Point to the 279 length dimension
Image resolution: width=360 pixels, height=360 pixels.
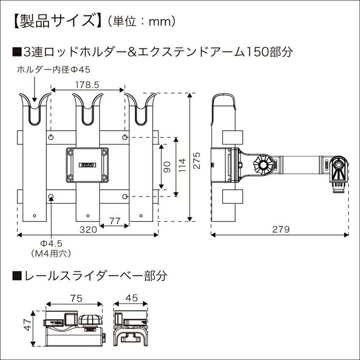tap(280, 229)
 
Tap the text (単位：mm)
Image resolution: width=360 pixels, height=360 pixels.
tap(142, 21)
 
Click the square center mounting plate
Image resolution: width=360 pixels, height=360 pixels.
tap(87, 165)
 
